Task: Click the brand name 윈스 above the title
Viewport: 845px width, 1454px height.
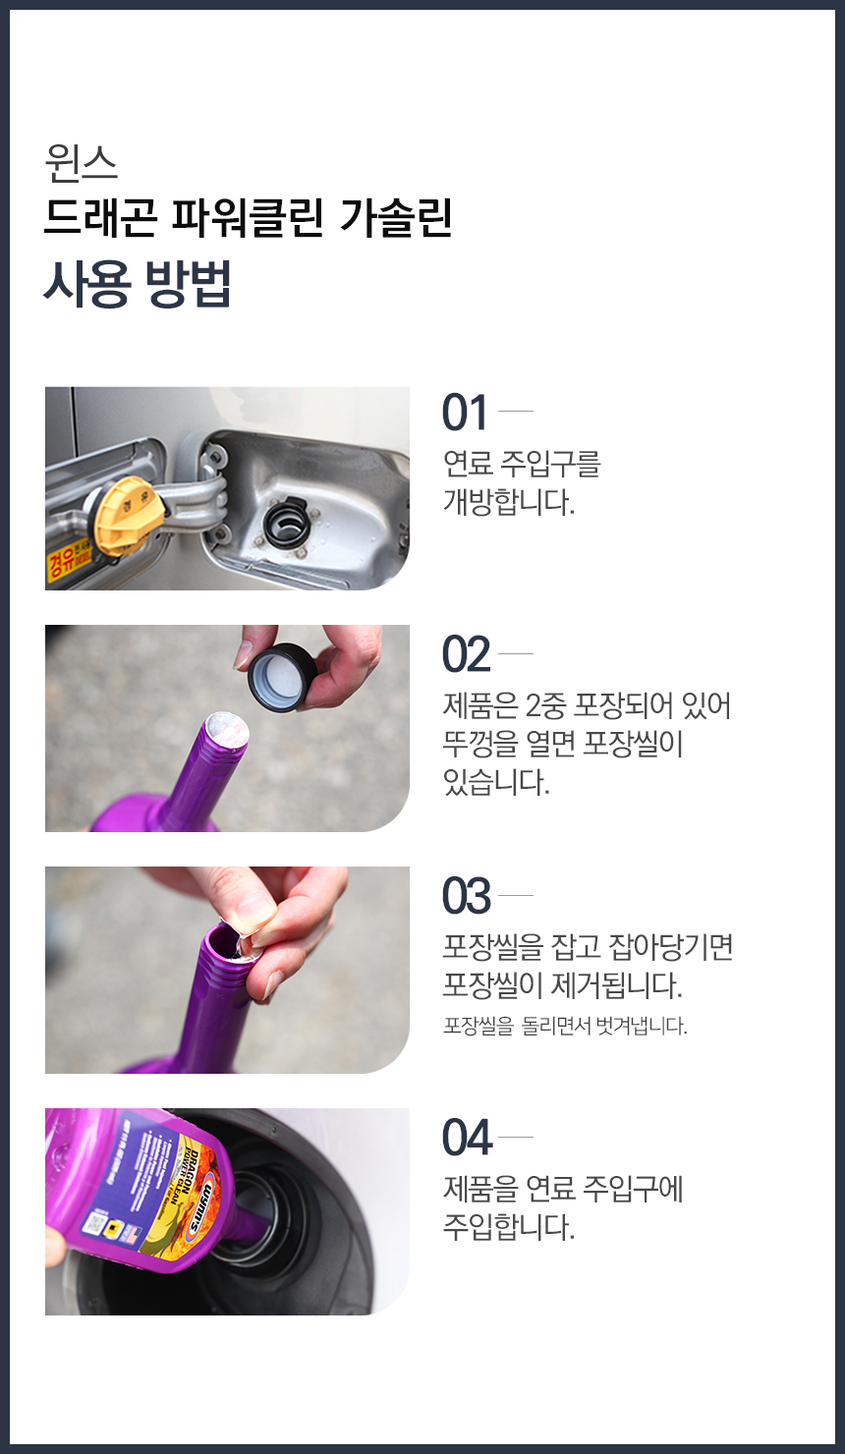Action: pyautogui.click(x=82, y=163)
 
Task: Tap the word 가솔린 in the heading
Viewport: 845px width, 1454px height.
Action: pyautogui.click(x=396, y=217)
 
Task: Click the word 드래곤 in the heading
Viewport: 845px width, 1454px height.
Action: pyautogui.click(x=100, y=217)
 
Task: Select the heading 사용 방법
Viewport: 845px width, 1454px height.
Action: pyautogui.click(x=138, y=283)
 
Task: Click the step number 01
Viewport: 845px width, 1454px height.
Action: pyautogui.click(x=464, y=413)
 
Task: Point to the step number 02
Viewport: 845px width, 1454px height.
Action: pyautogui.click(x=466, y=654)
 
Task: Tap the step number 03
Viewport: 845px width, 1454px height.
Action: pyautogui.click(x=466, y=896)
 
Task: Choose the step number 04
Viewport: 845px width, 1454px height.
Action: pyautogui.click(x=467, y=1138)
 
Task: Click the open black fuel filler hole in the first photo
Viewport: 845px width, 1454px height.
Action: pyautogui.click(x=287, y=522)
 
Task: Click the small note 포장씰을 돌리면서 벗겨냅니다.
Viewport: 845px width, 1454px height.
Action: pyautogui.click(x=565, y=1027)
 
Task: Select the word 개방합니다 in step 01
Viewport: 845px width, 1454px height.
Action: pyautogui.click(x=509, y=502)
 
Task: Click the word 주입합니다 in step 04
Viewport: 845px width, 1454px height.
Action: pyautogui.click(x=509, y=1227)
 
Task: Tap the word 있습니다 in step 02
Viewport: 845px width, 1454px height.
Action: pyautogui.click(x=496, y=782)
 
